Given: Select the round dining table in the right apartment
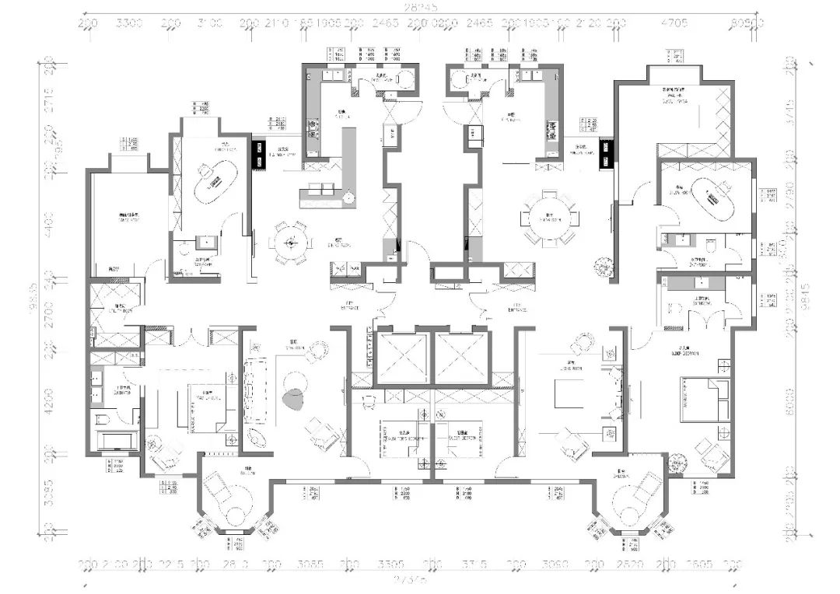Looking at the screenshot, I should [551, 217].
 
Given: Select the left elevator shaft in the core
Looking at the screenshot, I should [401, 358].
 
